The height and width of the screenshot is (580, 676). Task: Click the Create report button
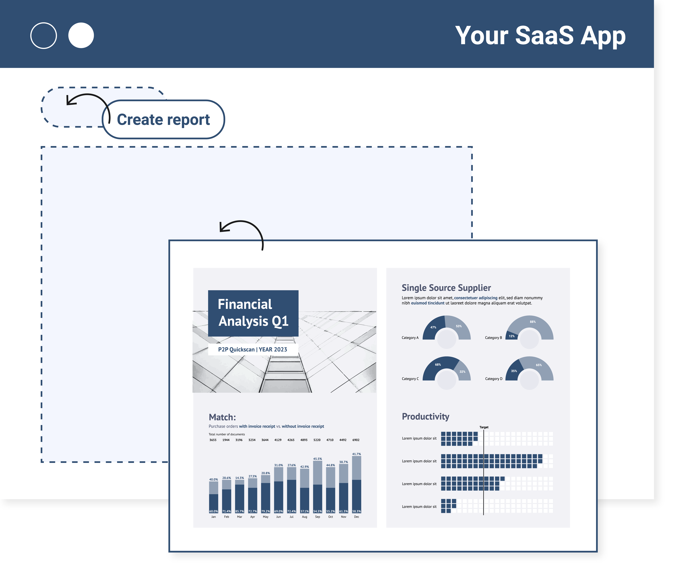coord(163,119)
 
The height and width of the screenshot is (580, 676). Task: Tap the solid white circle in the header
coord(81,35)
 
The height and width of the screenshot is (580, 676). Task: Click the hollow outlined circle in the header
coord(43,35)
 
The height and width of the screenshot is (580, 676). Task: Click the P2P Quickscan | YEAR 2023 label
coord(253,349)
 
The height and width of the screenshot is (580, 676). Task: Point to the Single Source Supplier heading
coord(446,288)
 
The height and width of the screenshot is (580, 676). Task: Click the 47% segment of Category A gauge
coord(433,327)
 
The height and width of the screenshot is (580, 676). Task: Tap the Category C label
coord(410,379)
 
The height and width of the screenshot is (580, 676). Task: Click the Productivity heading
coord(425,417)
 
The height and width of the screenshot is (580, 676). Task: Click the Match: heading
coord(222,417)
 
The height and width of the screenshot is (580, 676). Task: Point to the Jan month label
coord(213,517)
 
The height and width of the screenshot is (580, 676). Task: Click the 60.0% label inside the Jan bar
coord(213,511)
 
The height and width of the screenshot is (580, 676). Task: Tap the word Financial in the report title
coord(245,304)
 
